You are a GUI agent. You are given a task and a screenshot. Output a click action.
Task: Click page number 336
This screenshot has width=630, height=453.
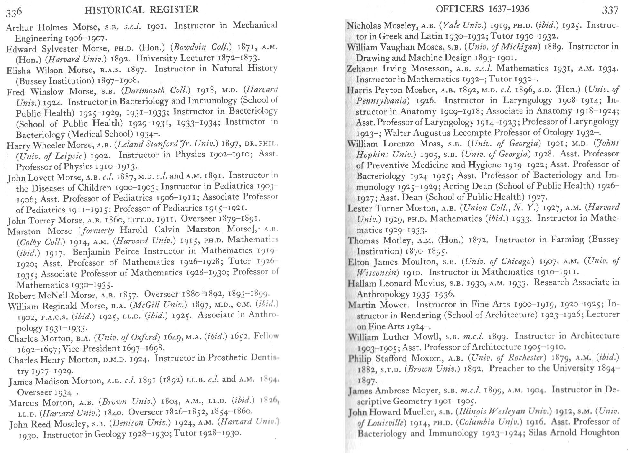[x=14, y=12]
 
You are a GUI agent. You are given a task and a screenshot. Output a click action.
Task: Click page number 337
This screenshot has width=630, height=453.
[x=610, y=11]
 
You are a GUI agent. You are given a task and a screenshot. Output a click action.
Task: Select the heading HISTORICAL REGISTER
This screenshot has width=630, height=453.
[x=141, y=10]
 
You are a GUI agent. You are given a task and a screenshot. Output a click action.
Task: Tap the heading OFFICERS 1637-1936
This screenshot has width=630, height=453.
[x=482, y=9]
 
